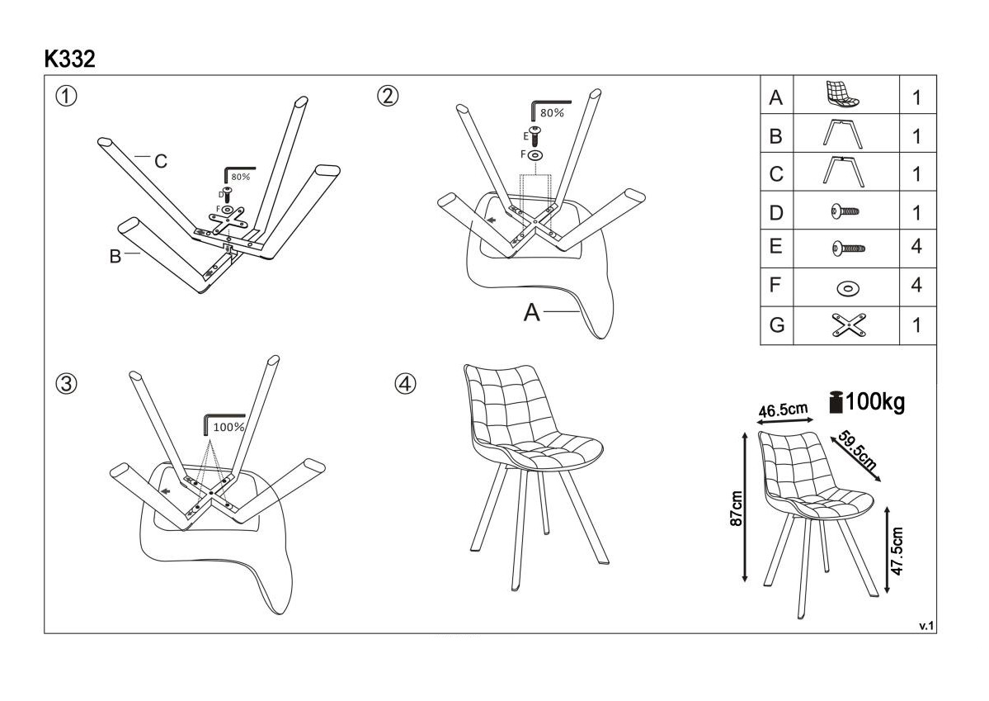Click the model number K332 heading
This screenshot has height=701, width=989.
(x=69, y=59)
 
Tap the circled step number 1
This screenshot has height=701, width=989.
(x=66, y=96)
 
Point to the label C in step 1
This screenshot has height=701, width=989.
(x=161, y=162)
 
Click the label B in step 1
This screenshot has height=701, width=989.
(x=115, y=257)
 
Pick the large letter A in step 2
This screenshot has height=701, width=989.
(x=533, y=313)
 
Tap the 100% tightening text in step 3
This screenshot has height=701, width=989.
(x=228, y=428)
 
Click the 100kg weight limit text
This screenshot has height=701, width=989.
(x=874, y=403)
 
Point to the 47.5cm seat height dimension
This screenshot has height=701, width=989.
(x=898, y=551)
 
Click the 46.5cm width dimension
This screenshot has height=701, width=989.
(x=783, y=410)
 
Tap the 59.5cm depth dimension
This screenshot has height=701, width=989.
(x=856, y=450)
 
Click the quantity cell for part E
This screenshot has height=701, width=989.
(x=916, y=248)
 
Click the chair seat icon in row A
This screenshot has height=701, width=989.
(x=843, y=95)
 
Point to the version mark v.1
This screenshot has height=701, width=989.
(x=925, y=626)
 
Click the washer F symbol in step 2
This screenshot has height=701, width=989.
(x=535, y=154)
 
